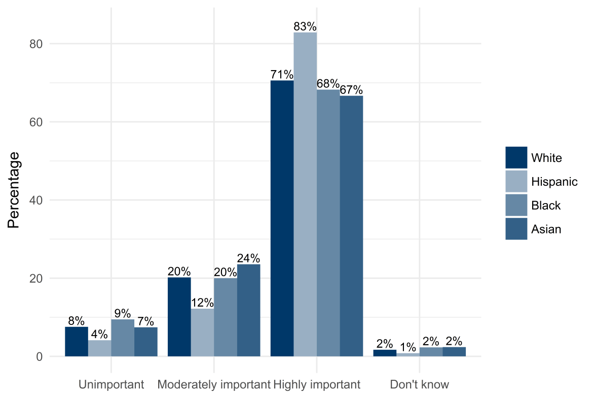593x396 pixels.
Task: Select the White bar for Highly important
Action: (x=282, y=218)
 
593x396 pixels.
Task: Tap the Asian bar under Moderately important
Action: (x=248, y=310)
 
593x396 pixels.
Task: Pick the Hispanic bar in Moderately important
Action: (x=202, y=333)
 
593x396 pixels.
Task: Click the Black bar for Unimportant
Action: (x=123, y=338)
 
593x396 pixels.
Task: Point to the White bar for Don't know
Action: (x=385, y=353)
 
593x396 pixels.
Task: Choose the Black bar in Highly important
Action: (x=328, y=223)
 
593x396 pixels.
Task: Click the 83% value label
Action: (x=305, y=26)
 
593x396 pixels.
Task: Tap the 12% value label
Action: (x=202, y=303)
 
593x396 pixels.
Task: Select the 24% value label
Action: (x=248, y=258)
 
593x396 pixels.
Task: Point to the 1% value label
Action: (x=408, y=347)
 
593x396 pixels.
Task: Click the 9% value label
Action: (x=123, y=313)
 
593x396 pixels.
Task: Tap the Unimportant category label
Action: (x=111, y=384)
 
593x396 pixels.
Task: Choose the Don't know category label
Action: (x=419, y=384)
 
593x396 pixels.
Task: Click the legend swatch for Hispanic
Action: (x=516, y=181)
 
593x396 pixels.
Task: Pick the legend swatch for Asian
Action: (x=516, y=229)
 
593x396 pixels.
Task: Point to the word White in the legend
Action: (x=546, y=158)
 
